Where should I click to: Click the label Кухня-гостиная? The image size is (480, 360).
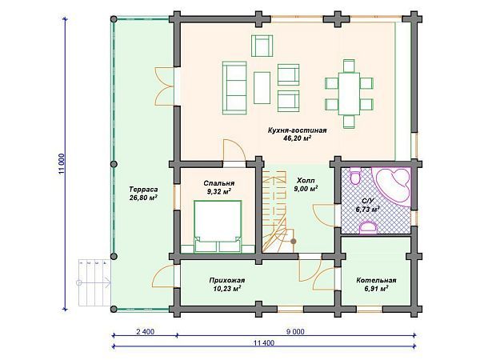(297, 130)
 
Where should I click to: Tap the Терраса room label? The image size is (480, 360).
(143, 189)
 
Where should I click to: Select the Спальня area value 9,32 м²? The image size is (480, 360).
(219, 192)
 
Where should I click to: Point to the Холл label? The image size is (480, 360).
(306, 181)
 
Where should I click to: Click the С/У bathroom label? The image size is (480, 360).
(368, 202)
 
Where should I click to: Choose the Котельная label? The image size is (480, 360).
(376, 281)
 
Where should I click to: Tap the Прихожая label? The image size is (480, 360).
(227, 281)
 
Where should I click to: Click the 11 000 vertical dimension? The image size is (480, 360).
(62, 164)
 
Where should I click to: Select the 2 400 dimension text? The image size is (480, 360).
(143, 332)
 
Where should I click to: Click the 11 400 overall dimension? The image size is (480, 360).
(264, 343)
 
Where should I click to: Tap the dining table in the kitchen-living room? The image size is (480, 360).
(349, 94)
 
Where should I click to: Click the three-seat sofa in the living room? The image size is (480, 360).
(234, 88)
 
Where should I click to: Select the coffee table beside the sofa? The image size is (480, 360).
(262, 88)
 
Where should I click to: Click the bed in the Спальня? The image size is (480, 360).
(218, 226)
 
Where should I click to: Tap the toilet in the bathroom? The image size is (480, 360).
(355, 176)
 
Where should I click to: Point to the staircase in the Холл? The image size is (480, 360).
(275, 211)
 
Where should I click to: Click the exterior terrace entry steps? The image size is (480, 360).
(94, 282)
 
